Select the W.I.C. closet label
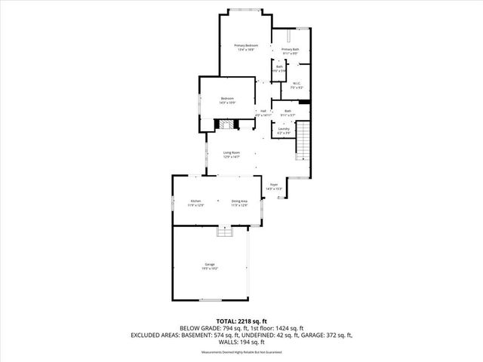(297, 85)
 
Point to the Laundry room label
(284, 130)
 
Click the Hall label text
(263, 112)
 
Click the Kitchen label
(196, 201)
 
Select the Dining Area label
(239, 201)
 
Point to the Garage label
(209, 265)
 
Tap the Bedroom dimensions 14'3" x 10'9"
(228, 103)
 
